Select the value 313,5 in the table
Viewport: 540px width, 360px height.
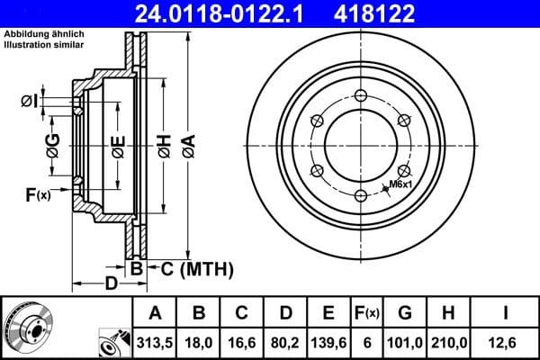click(155, 341)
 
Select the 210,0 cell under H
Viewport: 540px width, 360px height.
click(447, 341)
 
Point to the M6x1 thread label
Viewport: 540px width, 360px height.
click(400, 185)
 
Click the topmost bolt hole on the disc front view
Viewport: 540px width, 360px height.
click(360, 98)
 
